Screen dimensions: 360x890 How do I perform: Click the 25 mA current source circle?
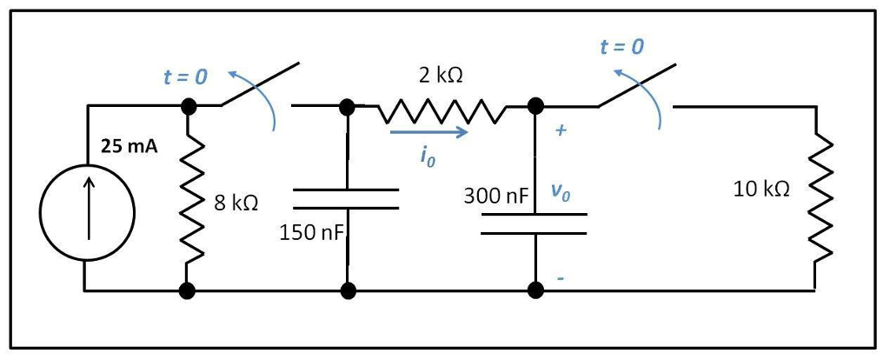(x=87, y=211)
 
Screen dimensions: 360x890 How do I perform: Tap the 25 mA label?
(x=129, y=146)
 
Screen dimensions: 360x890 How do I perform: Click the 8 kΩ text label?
(x=236, y=203)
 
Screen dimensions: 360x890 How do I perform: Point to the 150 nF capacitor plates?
(x=347, y=199)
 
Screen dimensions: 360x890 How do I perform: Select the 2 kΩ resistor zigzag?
(x=441, y=110)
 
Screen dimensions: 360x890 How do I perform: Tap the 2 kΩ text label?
(x=440, y=75)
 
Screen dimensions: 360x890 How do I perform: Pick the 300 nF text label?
(x=495, y=196)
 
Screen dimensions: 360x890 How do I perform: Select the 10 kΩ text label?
(x=761, y=190)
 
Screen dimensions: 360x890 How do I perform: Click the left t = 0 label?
(x=185, y=77)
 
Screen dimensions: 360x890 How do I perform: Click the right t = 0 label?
(x=622, y=47)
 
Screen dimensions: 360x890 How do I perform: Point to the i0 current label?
(x=424, y=156)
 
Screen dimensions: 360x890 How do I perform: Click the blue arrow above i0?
(x=429, y=133)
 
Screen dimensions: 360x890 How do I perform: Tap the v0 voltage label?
(x=561, y=195)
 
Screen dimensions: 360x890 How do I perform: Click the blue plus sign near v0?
(x=561, y=131)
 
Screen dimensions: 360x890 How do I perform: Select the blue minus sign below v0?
(x=561, y=278)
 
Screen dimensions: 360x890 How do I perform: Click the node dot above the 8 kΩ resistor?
(x=187, y=106)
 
